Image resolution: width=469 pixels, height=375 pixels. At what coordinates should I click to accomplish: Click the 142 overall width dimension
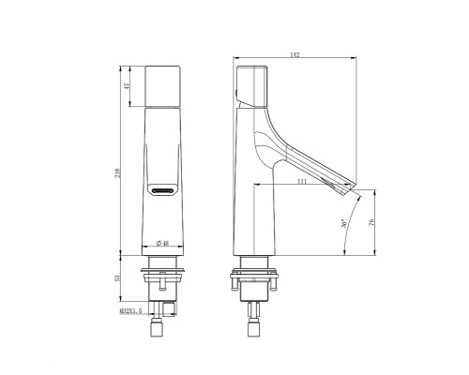coord(295,54)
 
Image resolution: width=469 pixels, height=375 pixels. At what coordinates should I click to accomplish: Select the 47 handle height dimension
coord(127,86)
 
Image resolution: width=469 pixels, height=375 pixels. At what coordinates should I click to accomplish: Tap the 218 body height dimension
coord(117,173)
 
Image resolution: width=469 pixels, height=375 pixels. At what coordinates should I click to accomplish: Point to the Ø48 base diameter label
coord(162,243)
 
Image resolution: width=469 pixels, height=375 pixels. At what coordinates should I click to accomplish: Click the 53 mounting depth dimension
coord(117,277)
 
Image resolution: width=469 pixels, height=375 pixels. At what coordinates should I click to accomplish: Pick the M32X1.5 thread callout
coord(130,311)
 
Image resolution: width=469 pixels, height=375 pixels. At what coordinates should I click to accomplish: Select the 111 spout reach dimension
coord(302,182)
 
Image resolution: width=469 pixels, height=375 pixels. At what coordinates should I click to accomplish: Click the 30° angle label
coord(344,223)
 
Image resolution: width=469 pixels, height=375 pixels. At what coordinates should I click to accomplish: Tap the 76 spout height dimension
coord(371,222)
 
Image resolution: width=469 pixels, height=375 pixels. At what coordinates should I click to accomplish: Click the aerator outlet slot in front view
coord(162,190)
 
